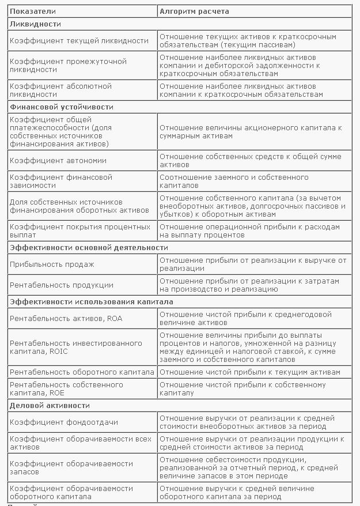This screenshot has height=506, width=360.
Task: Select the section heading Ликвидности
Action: tap(35, 24)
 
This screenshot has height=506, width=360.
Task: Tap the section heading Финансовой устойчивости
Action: tap(62, 107)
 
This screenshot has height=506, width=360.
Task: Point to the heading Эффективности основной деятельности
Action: tap(89, 247)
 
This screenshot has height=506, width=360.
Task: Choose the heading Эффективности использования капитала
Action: tap(91, 301)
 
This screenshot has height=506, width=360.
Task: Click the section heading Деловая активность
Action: tap(50, 405)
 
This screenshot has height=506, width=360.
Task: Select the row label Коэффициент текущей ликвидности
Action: tap(79, 40)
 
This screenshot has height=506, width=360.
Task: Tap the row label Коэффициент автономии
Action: tap(58, 160)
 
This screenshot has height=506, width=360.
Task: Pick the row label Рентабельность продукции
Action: tap(62, 285)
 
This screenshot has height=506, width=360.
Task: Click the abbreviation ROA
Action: tap(114, 318)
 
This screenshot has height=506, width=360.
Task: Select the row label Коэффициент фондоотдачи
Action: tap(64, 422)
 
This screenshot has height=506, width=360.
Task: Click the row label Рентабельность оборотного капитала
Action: tap(82, 372)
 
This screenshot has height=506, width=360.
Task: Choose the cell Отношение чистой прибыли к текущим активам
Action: tap(250, 372)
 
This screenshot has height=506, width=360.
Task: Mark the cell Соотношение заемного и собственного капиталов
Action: tap(234, 181)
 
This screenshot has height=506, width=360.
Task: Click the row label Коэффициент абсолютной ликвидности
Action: tap(60, 90)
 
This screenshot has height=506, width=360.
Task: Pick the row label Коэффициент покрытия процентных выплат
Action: tap(80, 231)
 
